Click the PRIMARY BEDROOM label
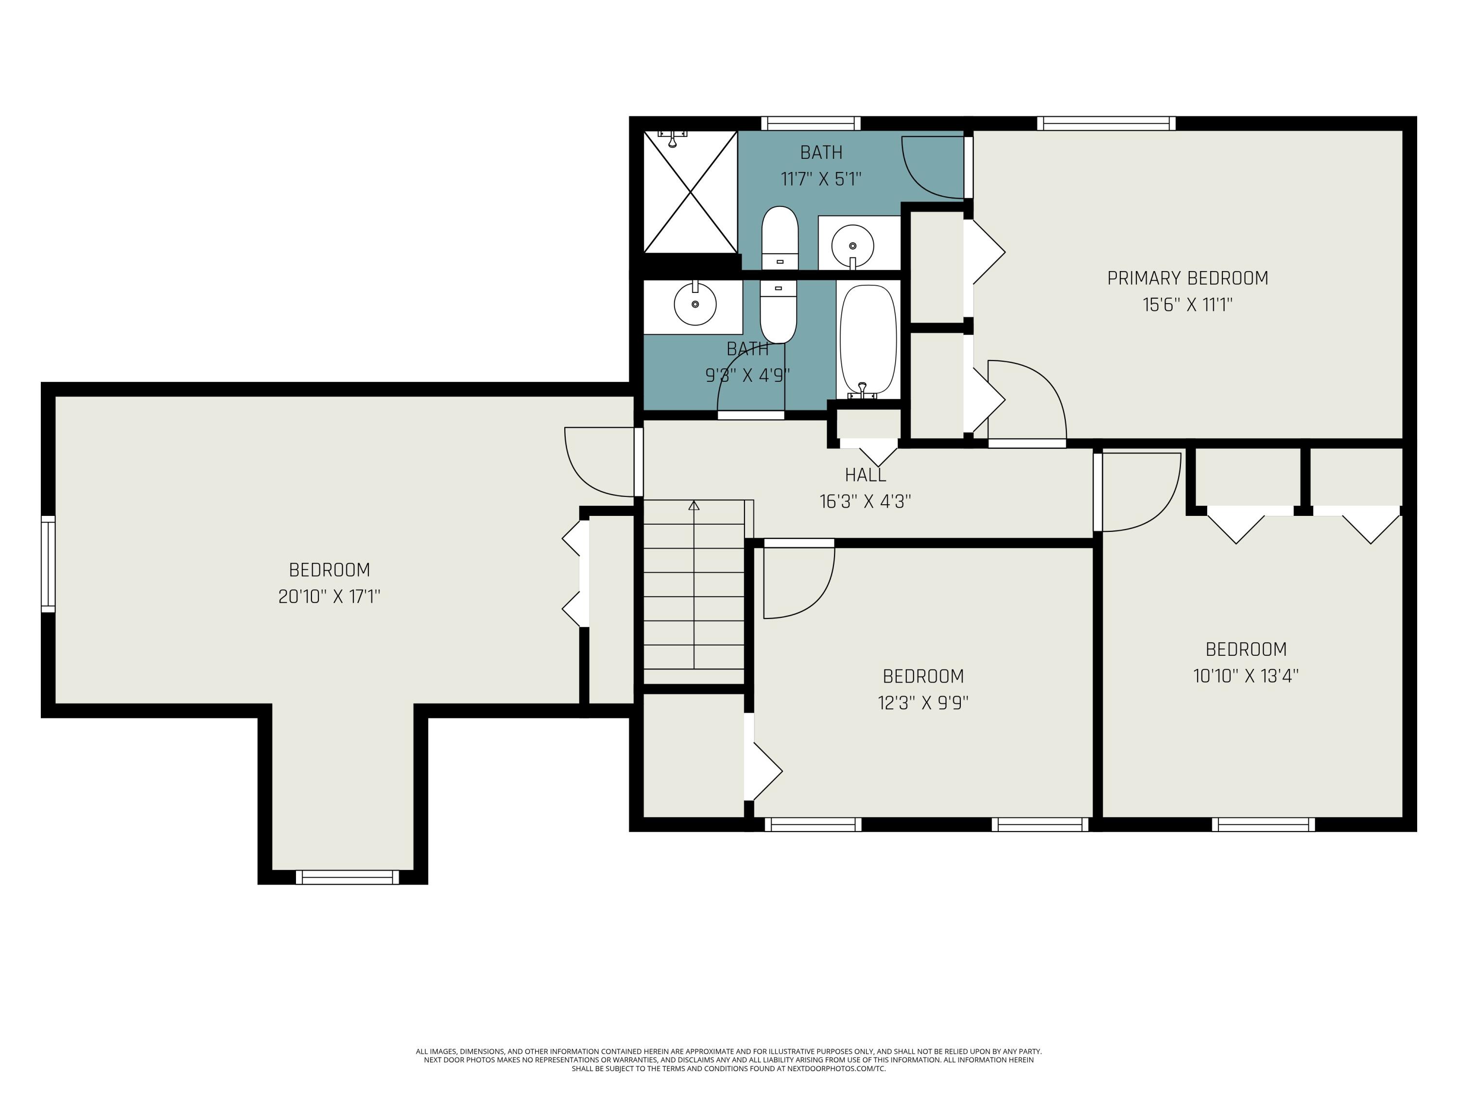[x=1187, y=278]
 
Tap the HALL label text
[x=866, y=474]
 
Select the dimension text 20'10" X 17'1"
[x=330, y=596]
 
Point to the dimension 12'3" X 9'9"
[x=923, y=703]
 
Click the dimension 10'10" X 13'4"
[x=1246, y=676]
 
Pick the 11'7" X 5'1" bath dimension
[x=821, y=179]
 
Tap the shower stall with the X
[x=690, y=192]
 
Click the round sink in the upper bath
[x=853, y=246]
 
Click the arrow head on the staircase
[x=694, y=505]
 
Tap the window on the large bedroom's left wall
[x=48, y=564]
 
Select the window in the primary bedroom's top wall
[x=1106, y=123]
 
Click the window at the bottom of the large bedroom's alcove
[x=347, y=877]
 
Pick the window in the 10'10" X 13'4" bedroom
[x=1263, y=824]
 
